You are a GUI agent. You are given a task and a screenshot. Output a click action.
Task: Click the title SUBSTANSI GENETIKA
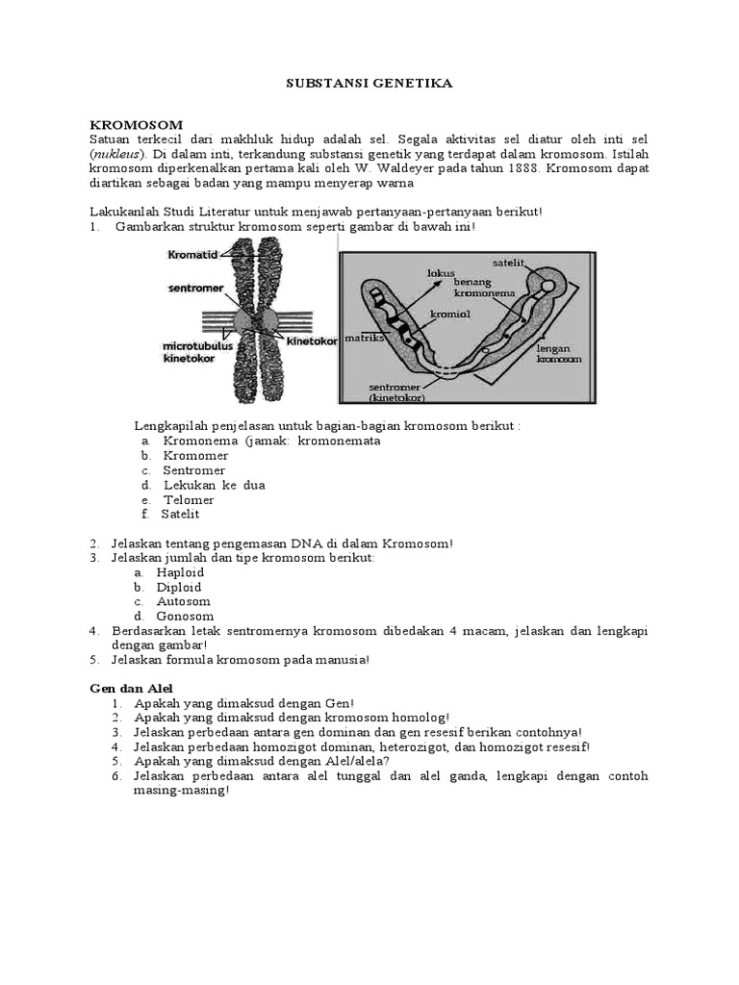369,84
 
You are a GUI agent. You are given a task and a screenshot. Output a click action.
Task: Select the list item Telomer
190,499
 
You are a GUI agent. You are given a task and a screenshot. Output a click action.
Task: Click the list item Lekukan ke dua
214,485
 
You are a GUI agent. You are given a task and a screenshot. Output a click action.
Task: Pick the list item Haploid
186,571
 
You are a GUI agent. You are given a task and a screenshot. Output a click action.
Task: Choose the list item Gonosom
188,616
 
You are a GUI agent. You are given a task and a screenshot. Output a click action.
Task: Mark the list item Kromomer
195,455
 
